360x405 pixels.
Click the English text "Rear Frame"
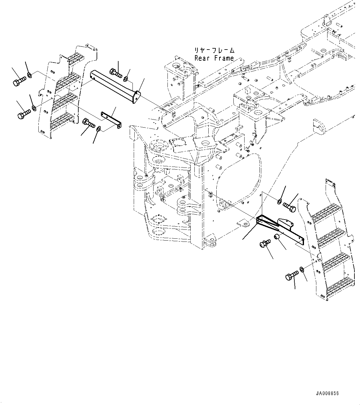click(214, 58)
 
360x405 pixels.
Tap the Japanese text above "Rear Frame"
click(215, 50)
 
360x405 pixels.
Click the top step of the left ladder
click(74, 58)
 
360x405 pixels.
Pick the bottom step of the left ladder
click(62, 121)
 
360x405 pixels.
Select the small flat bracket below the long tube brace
click(111, 120)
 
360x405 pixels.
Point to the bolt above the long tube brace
click(116, 73)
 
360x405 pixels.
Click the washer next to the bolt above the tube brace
click(126, 79)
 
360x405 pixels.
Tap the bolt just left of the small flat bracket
click(89, 123)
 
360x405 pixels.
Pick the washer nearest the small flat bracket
click(98, 129)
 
